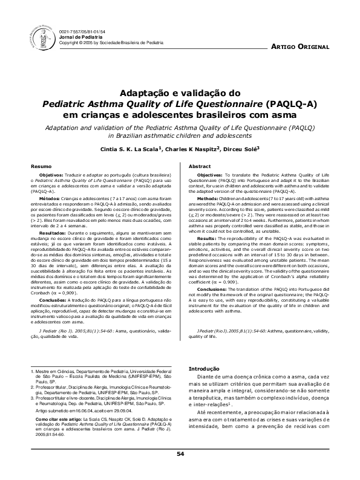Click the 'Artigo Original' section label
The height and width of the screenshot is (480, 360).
click(300, 47)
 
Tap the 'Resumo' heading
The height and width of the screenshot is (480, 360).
click(25, 166)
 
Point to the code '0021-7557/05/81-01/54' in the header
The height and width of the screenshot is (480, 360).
click(83, 32)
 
